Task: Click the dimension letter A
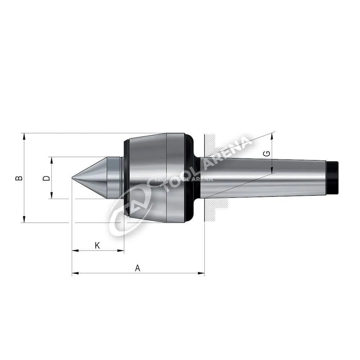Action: tap(137, 268)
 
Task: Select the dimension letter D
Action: tap(46, 178)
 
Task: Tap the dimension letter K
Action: tap(97, 246)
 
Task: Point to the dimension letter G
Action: tap(267, 154)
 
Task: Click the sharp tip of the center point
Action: tap(72, 178)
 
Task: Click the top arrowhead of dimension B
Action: tap(24, 136)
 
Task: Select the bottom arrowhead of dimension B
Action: tap(24, 219)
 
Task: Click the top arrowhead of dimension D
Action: tap(51, 161)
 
